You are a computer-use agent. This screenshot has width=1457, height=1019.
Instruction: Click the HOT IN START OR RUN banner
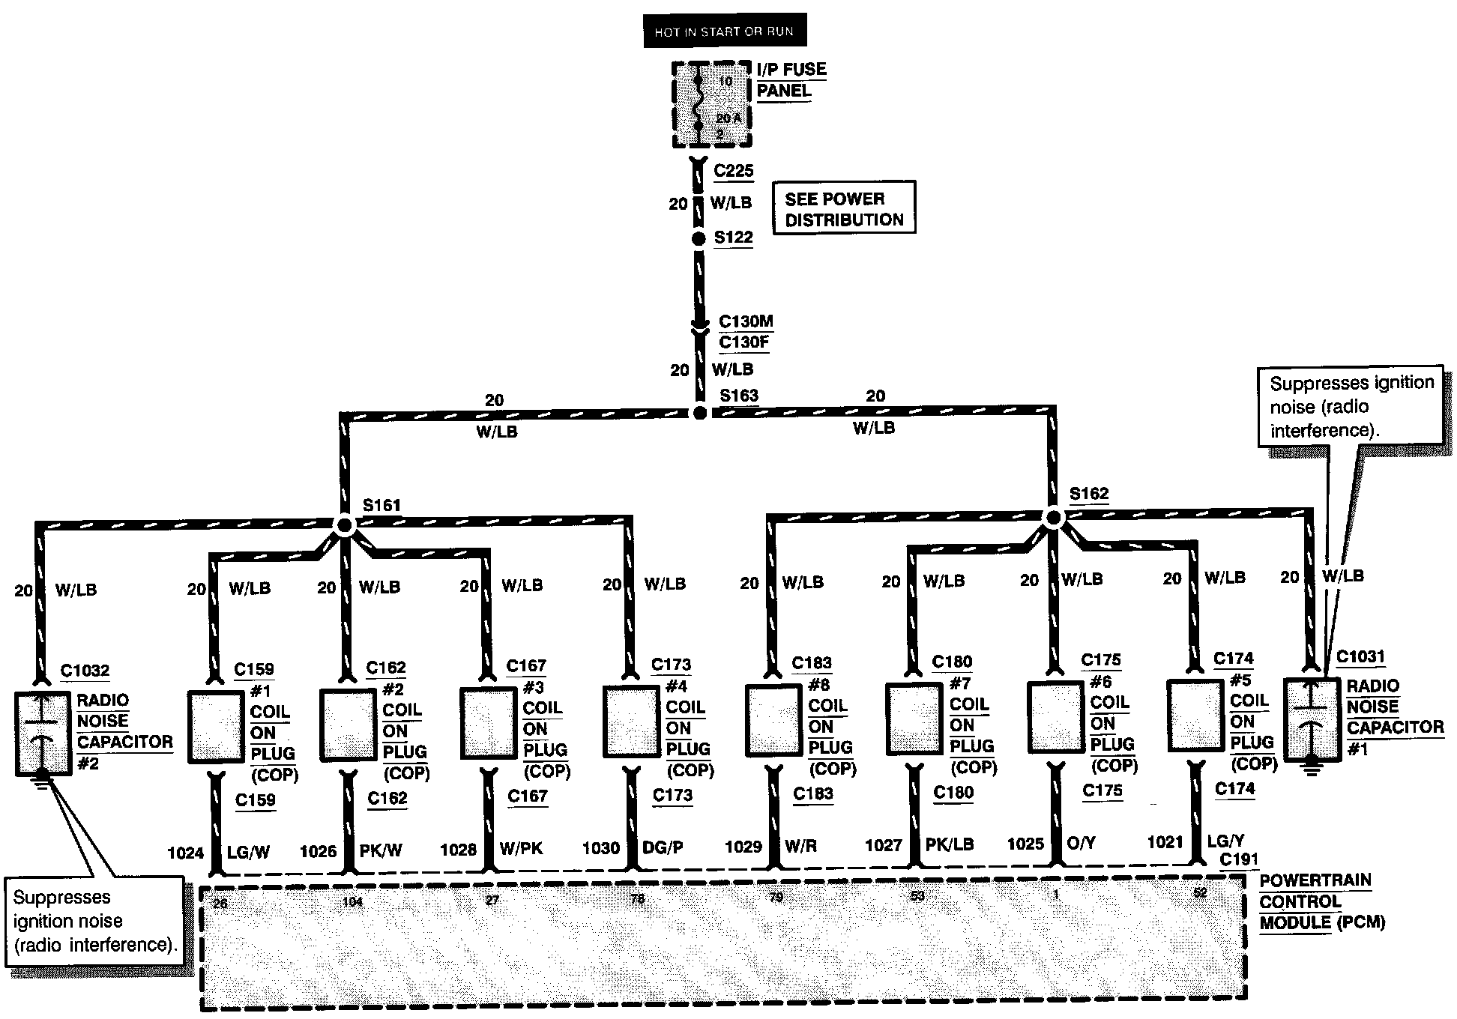tap(724, 31)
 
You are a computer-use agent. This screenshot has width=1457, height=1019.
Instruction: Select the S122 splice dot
tap(699, 239)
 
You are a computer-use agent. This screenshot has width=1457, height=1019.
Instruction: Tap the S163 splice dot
tap(699, 413)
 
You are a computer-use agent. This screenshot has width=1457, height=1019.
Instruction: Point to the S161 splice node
tap(344, 525)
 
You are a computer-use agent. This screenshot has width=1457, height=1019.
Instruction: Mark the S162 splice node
tap(1053, 517)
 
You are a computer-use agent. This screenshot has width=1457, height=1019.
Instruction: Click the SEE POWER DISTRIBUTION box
tap(844, 208)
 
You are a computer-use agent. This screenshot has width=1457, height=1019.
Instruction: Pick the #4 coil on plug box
tap(632, 721)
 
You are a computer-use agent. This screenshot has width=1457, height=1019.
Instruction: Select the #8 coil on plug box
tap(774, 719)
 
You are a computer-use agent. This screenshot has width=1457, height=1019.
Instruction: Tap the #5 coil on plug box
tap(1195, 715)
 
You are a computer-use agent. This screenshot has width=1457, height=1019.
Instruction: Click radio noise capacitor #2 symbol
tap(43, 734)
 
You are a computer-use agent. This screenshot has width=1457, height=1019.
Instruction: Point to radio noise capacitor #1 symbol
tap(1311, 719)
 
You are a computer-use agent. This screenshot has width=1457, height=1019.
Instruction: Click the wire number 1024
tap(185, 853)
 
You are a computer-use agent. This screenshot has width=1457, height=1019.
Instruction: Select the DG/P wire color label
tap(663, 847)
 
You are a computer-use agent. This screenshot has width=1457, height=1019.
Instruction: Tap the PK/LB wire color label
tap(950, 844)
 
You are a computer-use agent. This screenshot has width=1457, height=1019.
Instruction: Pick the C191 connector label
tap(1238, 859)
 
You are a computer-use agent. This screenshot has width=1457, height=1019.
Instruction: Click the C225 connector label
tap(733, 171)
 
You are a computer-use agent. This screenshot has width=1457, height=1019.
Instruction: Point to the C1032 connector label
tap(85, 671)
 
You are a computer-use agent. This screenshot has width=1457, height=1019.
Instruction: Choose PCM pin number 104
tap(352, 901)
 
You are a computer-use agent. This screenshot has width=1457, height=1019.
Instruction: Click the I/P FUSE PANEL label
tap(791, 80)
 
